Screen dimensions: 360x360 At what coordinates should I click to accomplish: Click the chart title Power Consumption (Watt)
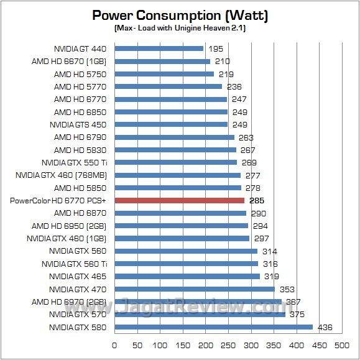tap(180, 14)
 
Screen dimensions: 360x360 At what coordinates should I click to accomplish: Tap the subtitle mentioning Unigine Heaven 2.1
tap(180, 29)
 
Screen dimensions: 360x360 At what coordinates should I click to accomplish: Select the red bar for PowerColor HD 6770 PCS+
tap(179, 200)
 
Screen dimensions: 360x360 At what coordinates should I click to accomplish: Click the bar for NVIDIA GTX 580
tap(213, 327)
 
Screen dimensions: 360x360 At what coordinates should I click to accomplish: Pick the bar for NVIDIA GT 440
tap(159, 48)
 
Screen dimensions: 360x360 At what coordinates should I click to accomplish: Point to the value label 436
tap(324, 327)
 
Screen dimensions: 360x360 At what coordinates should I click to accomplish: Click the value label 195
tap(215, 48)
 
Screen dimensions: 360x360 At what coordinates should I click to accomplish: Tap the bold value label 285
tap(257, 200)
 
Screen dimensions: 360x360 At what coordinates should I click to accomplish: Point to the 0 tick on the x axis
tap(114, 344)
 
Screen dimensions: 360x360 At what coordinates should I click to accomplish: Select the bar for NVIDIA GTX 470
tap(195, 289)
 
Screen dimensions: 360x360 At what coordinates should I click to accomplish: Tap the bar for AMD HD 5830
tap(175, 149)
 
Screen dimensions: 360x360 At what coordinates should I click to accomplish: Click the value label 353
tap(287, 289)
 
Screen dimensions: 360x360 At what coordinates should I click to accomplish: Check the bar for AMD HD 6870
tap(180, 213)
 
